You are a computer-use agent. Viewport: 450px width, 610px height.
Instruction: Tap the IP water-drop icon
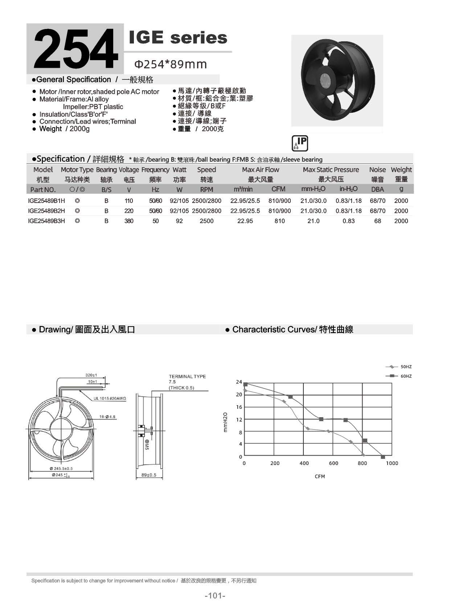(x=300, y=143)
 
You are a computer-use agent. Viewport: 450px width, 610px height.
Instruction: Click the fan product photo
(x=336, y=80)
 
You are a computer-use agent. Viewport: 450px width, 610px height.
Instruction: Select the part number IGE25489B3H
(x=46, y=221)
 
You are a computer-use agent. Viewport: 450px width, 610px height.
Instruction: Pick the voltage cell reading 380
(x=129, y=221)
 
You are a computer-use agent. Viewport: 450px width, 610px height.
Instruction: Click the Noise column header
(x=377, y=170)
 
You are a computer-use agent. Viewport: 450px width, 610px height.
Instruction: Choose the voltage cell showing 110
(x=129, y=201)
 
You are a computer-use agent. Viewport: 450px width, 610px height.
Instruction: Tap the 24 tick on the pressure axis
(x=239, y=382)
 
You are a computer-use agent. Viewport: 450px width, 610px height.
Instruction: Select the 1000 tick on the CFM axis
(x=392, y=463)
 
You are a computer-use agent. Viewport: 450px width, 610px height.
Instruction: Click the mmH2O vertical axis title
(x=225, y=422)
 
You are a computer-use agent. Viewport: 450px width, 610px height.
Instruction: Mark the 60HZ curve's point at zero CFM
(x=245, y=384)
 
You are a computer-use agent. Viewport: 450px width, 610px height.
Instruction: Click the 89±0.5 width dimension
(x=149, y=475)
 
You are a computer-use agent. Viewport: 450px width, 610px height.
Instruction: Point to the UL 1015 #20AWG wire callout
(x=110, y=399)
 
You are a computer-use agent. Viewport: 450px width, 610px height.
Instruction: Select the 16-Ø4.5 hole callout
(x=107, y=417)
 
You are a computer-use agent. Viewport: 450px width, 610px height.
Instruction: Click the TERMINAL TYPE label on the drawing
(x=187, y=377)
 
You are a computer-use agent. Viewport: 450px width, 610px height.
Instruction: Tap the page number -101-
(x=215, y=596)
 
